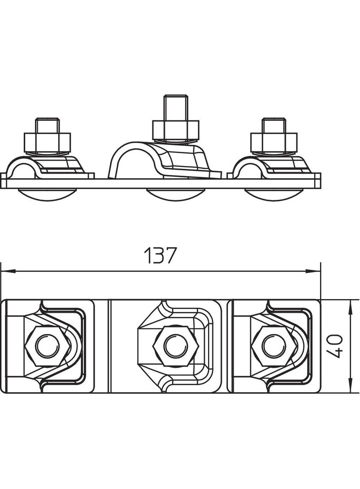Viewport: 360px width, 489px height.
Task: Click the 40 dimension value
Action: tap(334, 346)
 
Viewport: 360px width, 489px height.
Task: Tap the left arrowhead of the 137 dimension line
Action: tap(8, 272)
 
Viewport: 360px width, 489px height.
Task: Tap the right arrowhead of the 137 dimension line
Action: tap(313, 272)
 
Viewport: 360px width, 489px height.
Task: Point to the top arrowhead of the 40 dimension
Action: tap(350, 307)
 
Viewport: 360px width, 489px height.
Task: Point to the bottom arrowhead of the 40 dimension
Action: tap(350, 386)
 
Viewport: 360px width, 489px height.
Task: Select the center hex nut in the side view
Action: tap(176, 130)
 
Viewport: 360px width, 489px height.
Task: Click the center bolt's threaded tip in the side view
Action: tap(176, 107)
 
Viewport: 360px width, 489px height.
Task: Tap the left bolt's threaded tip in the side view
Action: tap(47, 125)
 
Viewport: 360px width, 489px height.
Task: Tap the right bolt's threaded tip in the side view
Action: tap(274, 125)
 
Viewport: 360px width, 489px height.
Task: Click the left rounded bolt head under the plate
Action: tap(47, 195)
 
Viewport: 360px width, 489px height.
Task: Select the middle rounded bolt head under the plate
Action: tap(175, 195)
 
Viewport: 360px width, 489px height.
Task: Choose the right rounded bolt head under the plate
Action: tap(274, 195)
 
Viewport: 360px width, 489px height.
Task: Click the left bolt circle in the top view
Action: tap(47, 346)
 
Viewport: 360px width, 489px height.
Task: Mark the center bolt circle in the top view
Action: tap(176, 346)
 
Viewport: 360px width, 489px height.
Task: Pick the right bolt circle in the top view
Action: tap(274, 346)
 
